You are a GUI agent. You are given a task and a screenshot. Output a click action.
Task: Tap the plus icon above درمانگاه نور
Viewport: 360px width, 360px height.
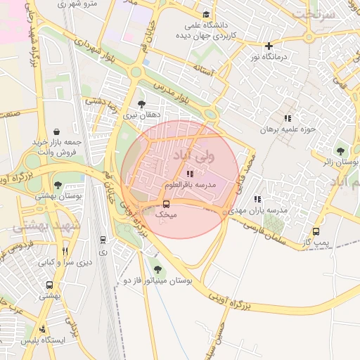(269, 46)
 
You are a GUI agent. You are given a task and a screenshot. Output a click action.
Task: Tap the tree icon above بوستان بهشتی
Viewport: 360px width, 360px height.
(58, 186)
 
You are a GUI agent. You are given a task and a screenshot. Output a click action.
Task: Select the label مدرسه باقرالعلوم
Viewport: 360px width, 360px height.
(189, 184)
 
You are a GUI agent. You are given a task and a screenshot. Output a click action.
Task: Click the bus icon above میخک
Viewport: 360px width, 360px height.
(166, 205)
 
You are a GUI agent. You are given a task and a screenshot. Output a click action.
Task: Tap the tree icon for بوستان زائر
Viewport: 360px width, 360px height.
(341, 150)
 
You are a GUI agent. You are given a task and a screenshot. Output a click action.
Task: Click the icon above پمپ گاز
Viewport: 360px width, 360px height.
(316, 231)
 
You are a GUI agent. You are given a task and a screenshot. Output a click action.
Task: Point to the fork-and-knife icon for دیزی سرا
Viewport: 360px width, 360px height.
(65, 251)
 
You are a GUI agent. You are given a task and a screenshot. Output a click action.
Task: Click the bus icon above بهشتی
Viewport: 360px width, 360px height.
(49, 285)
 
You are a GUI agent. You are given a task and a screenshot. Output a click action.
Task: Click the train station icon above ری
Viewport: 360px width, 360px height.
(104, 240)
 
